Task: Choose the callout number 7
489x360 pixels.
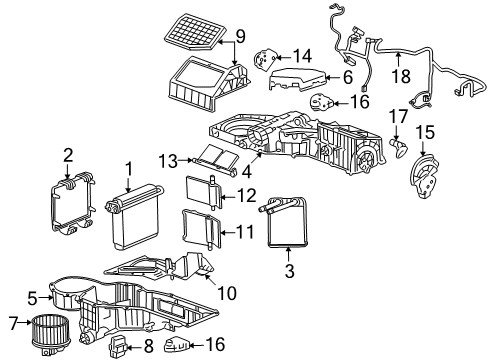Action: (x=14, y=322)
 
